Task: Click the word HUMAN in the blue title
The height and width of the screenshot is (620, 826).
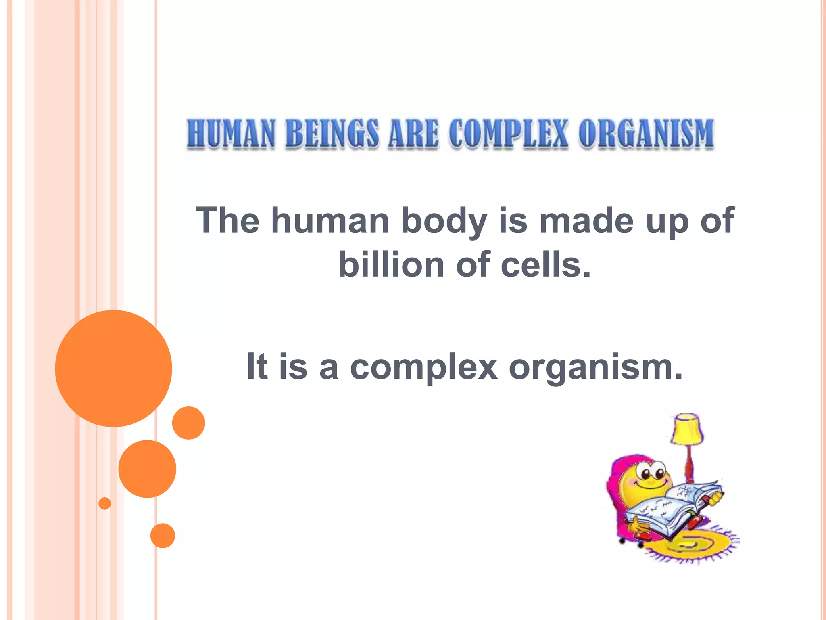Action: point(231,134)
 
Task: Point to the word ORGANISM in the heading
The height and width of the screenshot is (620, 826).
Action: point(646,134)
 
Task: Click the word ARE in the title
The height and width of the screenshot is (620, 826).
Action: point(413,134)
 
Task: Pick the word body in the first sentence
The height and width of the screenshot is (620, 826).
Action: point(444,222)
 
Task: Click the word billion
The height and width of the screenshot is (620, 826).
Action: point(391,265)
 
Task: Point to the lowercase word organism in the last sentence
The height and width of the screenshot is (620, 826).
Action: point(595,367)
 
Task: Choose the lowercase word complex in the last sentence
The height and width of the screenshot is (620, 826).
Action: point(423,367)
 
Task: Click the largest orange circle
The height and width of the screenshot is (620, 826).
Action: point(114,368)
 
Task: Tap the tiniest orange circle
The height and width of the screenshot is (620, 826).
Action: point(105,503)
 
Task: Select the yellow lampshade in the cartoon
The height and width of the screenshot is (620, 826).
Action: point(687,429)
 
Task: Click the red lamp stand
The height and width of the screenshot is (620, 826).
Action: point(689,464)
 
